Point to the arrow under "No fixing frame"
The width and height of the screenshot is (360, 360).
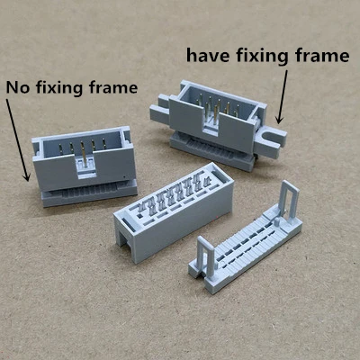pyautogui.click(x=18, y=140)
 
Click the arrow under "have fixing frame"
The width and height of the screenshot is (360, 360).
pyautogui.click(x=282, y=97)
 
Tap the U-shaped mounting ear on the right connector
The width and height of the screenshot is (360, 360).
pyautogui.click(x=270, y=142)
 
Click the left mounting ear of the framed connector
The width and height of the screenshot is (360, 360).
pyautogui.click(x=159, y=110)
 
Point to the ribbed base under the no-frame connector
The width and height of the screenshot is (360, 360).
pyautogui.click(x=89, y=193)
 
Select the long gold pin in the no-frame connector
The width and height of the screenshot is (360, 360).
pyautogui.click(x=84, y=154)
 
